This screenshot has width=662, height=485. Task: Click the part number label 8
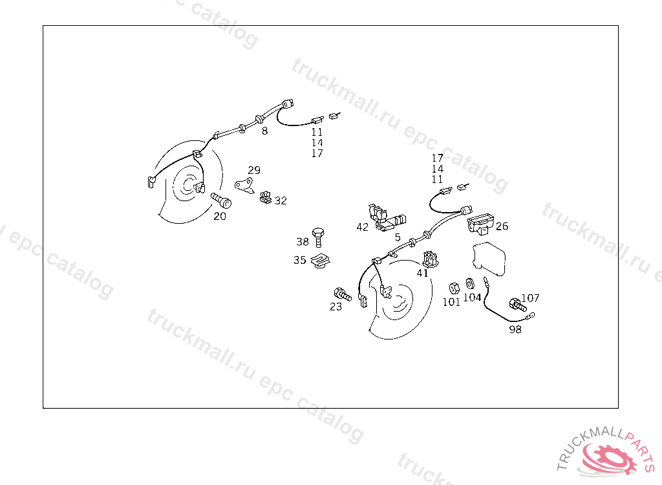[x=264, y=131]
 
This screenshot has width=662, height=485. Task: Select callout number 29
[x=254, y=170]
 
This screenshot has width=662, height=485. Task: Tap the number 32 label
[x=281, y=200]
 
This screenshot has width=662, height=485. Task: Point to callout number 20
[x=220, y=216]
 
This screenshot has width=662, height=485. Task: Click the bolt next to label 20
[x=221, y=200]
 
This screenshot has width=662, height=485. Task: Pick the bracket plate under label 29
[x=244, y=185]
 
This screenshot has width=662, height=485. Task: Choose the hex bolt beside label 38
[x=318, y=237]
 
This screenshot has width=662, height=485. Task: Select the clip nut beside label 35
[x=320, y=261]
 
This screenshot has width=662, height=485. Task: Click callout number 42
[x=362, y=227]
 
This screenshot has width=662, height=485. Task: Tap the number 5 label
[x=398, y=237]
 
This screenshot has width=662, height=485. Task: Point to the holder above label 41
[x=431, y=259]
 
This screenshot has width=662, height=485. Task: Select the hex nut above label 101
[x=454, y=288]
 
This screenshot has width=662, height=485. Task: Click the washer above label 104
[x=469, y=283]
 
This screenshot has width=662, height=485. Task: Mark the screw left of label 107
[x=518, y=305]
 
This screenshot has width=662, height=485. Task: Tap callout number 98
[x=515, y=330]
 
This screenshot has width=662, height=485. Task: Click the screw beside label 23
[x=343, y=294]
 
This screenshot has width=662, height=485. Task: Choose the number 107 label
[x=530, y=298]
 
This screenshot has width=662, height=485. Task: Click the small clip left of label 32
[x=266, y=197]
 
